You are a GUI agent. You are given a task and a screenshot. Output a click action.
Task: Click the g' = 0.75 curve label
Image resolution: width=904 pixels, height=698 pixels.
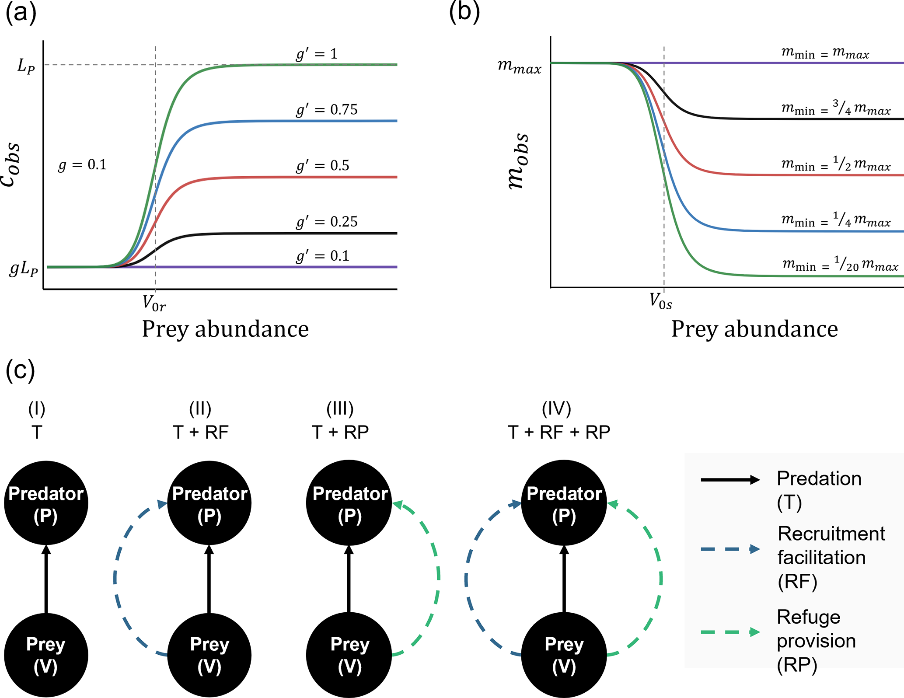pyautogui.click(x=327, y=110)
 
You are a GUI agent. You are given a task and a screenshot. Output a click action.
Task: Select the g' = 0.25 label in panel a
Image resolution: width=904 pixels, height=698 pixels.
pyautogui.click(x=327, y=222)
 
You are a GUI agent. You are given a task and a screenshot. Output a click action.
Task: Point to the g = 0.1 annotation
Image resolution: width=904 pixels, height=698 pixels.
pyautogui.click(x=82, y=165)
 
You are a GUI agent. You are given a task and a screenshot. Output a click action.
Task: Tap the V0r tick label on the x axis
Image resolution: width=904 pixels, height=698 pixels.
pyautogui.click(x=154, y=303)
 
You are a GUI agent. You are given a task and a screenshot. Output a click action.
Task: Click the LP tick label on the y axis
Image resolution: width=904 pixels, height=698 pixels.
pyautogui.click(x=26, y=66)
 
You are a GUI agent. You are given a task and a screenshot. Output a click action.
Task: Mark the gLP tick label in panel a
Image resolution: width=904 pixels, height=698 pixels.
pyautogui.click(x=24, y=269)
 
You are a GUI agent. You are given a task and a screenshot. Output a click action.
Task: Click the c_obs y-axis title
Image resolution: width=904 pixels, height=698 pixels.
pyautogui.click(x=10, y=164)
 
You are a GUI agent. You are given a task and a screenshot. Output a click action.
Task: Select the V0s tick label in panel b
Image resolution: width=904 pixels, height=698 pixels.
pyautogui.click(x=660, y=301)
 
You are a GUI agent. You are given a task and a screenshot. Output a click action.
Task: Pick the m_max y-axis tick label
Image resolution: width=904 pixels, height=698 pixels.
pyautogui.click(x=520, y=66)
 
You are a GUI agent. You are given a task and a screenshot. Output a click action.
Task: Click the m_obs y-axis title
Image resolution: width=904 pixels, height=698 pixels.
pyautogui.click(x=518, y=161)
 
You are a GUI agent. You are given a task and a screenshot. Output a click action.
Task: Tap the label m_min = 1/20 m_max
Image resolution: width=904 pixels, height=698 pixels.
pyautogui.click(x=840, y=264)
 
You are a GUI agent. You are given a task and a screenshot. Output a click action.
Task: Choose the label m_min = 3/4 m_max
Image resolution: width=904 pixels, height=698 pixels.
pyautogui.click(x=836, y=108)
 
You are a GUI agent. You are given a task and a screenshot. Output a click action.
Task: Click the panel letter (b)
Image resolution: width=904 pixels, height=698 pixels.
pyautogui.click(x=464, y=12)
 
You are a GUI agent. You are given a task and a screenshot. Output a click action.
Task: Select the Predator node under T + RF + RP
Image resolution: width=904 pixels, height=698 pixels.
pyautogui.click(x=564, y=503)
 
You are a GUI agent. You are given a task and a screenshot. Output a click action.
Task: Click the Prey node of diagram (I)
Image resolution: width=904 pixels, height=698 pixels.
pyautogui.click(x=46, y=655)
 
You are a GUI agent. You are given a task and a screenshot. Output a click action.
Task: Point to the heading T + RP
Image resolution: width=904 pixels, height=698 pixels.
pyautogui.click(x=340, y=432)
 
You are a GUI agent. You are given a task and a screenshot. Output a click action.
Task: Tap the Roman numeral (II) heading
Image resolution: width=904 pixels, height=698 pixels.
pyautogui.click(x=200, y=409)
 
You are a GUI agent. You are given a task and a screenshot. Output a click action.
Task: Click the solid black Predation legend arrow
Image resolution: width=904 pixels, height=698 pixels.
pyautogui.click(x=730, y=480)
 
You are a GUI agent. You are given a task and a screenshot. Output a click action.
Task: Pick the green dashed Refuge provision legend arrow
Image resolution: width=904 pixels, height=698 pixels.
pyautogui.click(x=730, y=632)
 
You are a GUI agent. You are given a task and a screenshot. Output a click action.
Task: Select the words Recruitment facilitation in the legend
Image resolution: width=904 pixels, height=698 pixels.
pyautogui.click(x=831, y=545)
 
